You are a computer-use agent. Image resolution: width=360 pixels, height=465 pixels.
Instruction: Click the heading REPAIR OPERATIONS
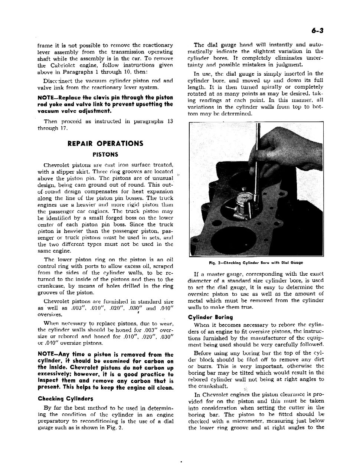[105, 144]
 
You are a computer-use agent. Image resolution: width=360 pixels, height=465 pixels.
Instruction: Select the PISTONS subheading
[105, 154]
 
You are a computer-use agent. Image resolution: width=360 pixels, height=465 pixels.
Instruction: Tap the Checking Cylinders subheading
[65, 399]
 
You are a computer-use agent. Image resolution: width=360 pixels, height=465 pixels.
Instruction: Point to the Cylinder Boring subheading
[210, 317]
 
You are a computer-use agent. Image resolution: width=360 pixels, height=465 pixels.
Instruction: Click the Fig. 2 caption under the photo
[256, 262]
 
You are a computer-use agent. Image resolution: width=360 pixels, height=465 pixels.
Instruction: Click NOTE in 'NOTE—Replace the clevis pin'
[46, 98]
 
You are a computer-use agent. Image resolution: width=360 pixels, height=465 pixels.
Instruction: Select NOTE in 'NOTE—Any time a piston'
[46, 354]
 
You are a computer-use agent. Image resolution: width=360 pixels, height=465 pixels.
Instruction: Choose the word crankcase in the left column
[50, 286]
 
